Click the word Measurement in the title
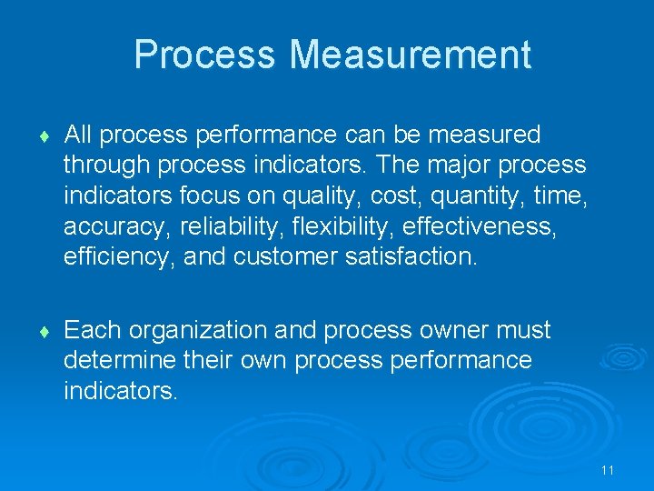coord(411,55)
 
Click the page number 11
coord(608,470)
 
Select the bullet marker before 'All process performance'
coord(45,137)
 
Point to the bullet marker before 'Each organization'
coord(45,331)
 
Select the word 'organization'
coord(204,329)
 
